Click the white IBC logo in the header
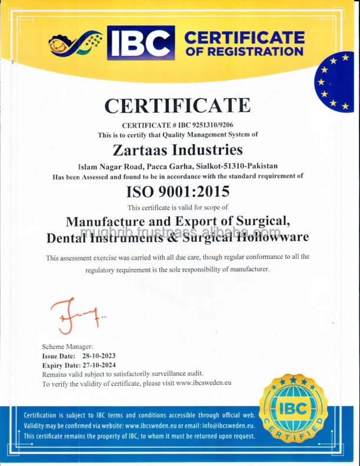[x=141, y=44]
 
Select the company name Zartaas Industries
[x=177, y=149]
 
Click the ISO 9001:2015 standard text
[x=177, y=191]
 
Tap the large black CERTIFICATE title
[x=177, y=106]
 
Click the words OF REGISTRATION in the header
[x=244, y=51]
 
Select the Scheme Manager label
[x=68, y=347]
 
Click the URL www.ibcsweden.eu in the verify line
[x=204, y=383]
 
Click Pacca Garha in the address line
[x=166, y=166]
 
